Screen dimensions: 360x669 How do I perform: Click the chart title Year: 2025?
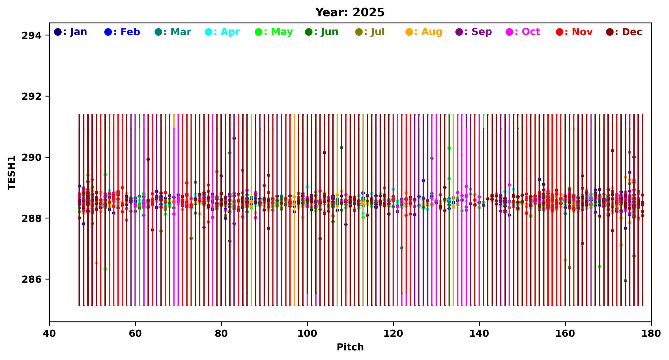coord(350,12)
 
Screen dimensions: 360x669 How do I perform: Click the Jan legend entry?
coord(71,32)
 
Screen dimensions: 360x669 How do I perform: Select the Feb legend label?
coord(122,32)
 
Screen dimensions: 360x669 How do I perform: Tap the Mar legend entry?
coord(173,32)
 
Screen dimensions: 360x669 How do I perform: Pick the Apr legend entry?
coord(222,32)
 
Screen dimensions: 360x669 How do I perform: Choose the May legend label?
coord(274,32)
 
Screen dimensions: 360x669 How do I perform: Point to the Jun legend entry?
coord(322,32)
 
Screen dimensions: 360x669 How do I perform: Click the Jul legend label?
coord(370,32)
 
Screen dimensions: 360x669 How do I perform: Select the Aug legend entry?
coord(424,32)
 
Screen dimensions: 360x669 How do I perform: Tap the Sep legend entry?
coord(474,32)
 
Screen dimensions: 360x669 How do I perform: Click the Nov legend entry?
coord(574,32)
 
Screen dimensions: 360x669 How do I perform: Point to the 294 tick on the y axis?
coord(31,35)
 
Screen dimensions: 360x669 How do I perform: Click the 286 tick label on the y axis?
coord(31,280)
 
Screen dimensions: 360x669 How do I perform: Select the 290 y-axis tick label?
coord(31,158)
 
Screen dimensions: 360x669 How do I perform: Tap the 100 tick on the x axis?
coord(307,334)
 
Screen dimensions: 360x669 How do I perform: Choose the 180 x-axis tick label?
coord(651,334)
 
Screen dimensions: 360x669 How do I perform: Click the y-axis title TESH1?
coord(12,173)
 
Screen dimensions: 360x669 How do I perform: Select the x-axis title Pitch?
coord(350,347)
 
